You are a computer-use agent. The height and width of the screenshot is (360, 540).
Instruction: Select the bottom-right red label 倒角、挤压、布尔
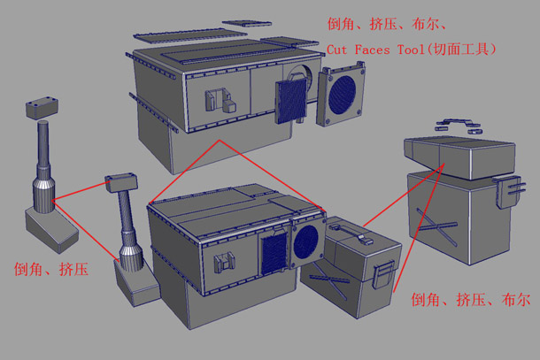(470, 301)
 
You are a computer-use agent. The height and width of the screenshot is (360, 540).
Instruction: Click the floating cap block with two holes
(41, 107)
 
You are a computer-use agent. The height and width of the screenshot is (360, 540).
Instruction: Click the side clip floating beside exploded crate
(513, 191)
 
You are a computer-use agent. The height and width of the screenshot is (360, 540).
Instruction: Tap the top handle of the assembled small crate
(352, 232)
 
